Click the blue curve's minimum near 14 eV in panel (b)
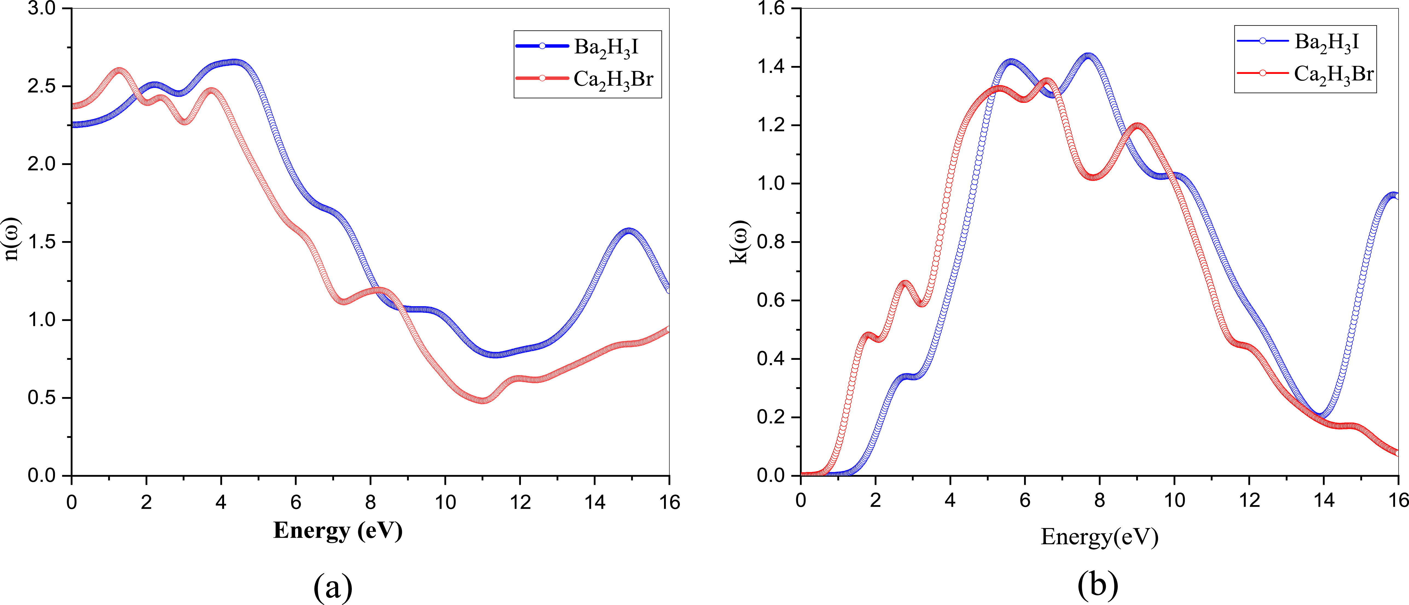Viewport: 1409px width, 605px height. tap(1319, 416)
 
